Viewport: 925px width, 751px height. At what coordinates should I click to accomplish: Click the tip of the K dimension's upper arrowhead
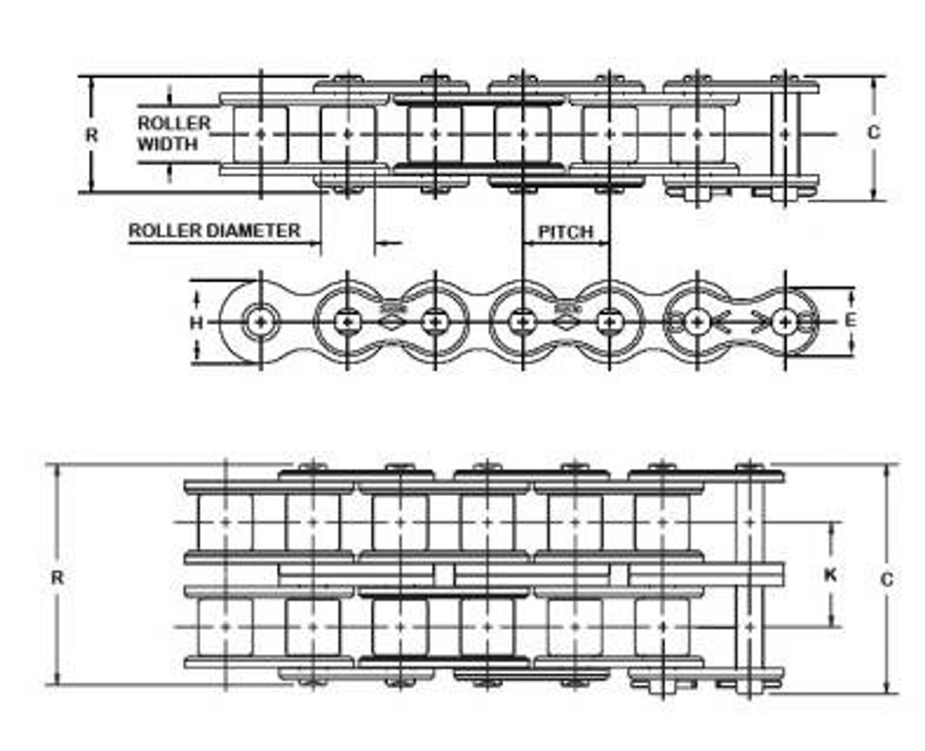(x=831, y=523)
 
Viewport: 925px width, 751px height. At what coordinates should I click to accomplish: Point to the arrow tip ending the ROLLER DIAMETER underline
(x=321, y=243)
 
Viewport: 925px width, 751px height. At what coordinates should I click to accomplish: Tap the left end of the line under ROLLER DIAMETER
(x=129, y=243)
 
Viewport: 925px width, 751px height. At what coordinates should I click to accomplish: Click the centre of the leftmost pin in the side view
(x=261, y=322)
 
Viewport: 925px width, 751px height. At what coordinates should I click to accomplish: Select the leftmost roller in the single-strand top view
(x=260, y=134)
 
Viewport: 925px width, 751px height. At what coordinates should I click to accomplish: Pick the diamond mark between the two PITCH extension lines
(x=564, y=322)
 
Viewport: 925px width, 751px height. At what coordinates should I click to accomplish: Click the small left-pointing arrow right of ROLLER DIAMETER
(x=388, y=243)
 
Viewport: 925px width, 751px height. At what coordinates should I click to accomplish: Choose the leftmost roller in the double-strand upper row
(x=225, y=522)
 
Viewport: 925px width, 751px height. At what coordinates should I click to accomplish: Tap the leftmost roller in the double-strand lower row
(x=225, y=627)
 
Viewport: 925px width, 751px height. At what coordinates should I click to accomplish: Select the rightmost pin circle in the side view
(x=785, y=322)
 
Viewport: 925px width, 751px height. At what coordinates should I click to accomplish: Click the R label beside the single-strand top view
(x=92, y=135)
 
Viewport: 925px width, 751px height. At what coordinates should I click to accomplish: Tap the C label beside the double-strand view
(x=887, y=580)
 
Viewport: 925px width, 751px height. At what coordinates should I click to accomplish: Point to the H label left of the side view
(x=197, y=323)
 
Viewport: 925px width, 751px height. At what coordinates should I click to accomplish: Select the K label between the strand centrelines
(x=830, y=576)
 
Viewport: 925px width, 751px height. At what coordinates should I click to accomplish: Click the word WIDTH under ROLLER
(x=168, y=144)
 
